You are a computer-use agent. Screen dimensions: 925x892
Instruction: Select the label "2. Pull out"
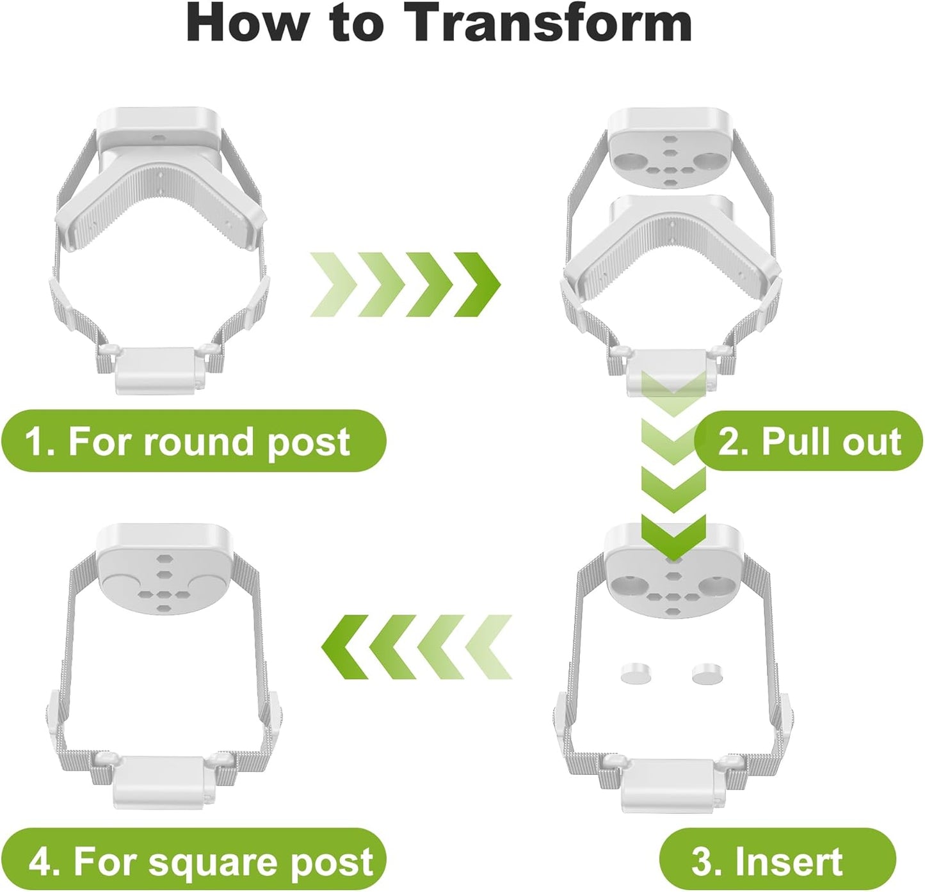click(809, 441)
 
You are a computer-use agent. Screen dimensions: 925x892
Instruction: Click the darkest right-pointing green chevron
click(478, 284)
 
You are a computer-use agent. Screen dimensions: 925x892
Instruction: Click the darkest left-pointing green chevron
click(344, 647)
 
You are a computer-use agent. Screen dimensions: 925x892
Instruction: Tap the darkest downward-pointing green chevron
click(673, 538)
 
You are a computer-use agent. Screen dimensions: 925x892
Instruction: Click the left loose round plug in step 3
click(635, 673)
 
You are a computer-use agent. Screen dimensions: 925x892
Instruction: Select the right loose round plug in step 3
click(708, 674)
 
